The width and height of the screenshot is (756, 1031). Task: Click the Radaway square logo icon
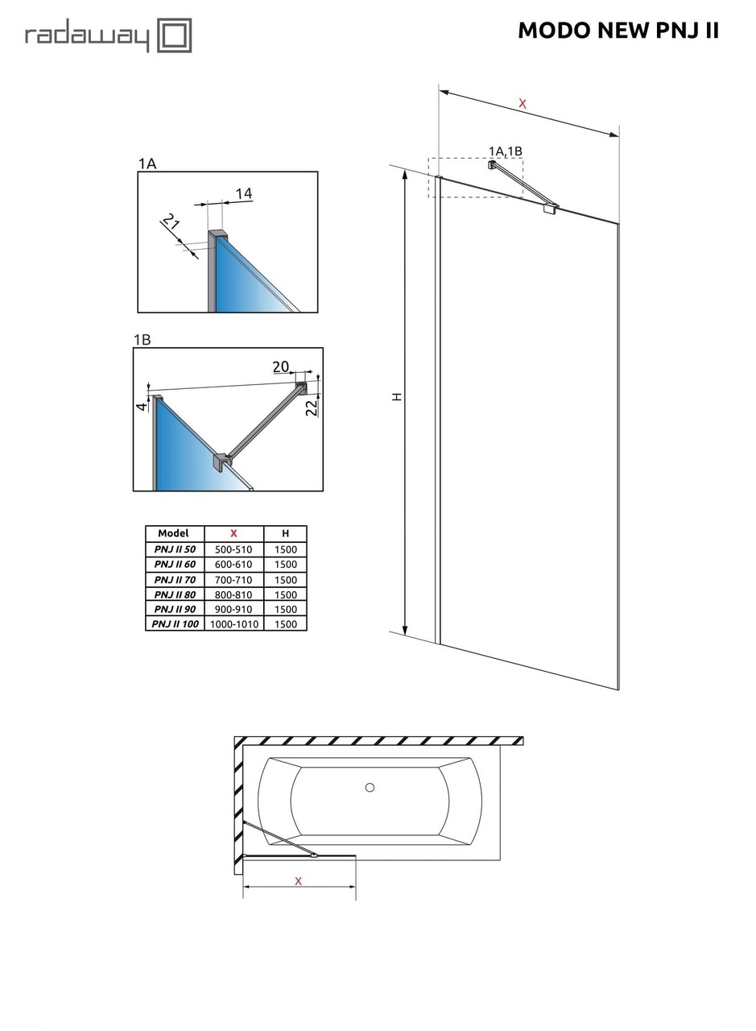(174, 36)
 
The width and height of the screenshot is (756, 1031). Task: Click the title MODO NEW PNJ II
(618, 31)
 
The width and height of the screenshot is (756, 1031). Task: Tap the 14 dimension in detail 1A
(243, 193)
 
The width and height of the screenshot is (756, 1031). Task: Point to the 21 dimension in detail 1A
(171, 222)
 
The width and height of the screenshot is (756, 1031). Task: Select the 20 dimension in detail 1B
(280, 367)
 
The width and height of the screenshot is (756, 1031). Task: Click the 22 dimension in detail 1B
(311, 408)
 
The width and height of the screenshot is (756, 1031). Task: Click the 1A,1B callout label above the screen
(506, 151)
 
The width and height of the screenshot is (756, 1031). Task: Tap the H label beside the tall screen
(397, 396)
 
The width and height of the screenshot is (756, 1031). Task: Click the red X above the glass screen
(523, 103)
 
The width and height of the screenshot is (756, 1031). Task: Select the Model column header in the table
(174, 533)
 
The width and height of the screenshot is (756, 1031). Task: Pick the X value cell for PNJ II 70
(233, 579)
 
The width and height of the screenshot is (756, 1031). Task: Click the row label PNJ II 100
(175, 623)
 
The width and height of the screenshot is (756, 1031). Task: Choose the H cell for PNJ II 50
(285, 549)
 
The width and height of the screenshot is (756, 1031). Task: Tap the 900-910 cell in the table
(233, 609)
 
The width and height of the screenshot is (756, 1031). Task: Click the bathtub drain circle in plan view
(370, 787)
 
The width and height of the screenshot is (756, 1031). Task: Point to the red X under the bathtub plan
(298, 881)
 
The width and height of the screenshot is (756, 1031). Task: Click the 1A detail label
(147, 164)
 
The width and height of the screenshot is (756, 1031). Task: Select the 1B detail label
(142, 340)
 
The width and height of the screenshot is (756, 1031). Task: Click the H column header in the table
(285, 533)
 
